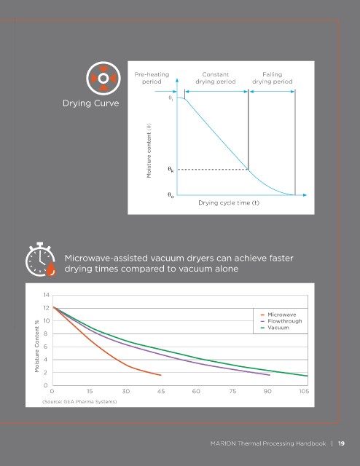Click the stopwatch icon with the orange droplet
point(41,259)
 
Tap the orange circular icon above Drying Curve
point(103,79)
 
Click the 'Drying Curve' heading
point(91,103)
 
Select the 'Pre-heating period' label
point(152,78)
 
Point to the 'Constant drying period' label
point(216,78)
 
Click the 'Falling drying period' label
point(273,78)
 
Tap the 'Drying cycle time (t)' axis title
point(229,203)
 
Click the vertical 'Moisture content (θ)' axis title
point(149,151)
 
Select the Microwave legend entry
point(278,315)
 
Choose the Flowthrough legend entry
point(281,321)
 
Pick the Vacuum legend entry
point(275,328)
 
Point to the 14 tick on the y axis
point(46,295)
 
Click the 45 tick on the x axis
point(161,391)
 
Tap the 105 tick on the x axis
point(304,391)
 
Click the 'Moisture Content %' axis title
point(37,346)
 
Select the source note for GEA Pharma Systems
point(79,401)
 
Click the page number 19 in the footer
point(341,443)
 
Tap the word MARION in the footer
point(223,443)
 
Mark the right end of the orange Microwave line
point(161,375)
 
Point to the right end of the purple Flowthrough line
point(270,375)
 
